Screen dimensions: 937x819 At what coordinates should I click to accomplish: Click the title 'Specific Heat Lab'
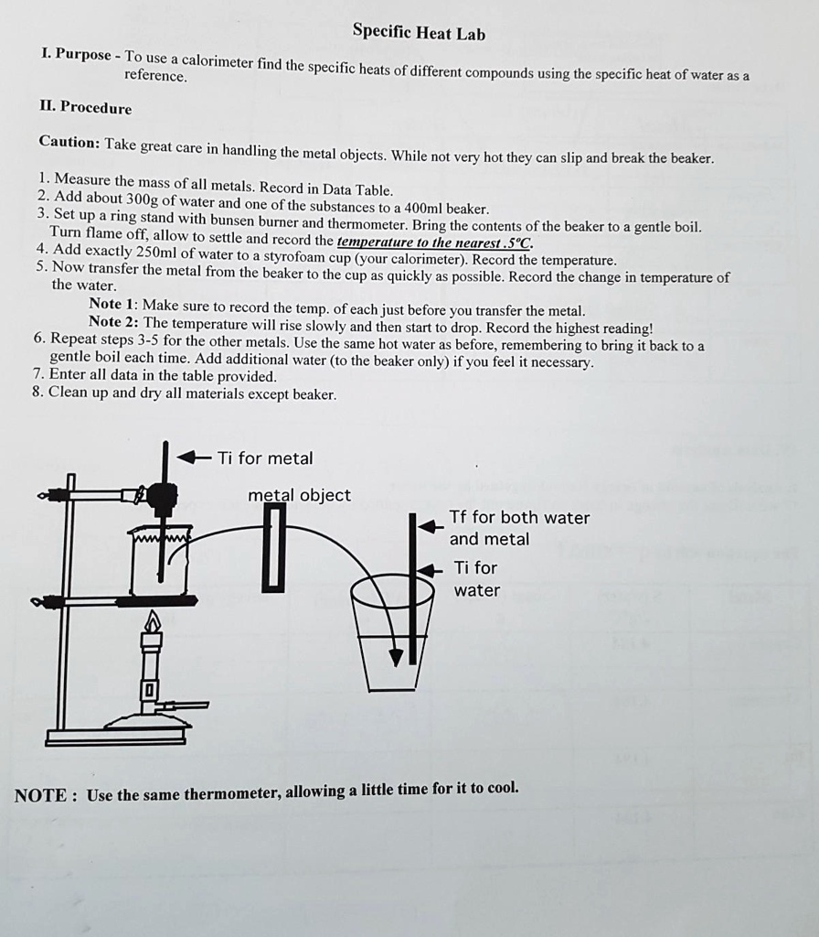click(419, 34)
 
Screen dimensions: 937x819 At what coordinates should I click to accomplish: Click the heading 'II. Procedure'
click(86, 108)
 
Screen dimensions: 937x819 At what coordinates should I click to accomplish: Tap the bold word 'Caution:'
click(69, 143)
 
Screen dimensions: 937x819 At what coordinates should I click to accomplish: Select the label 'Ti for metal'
click(265, 458)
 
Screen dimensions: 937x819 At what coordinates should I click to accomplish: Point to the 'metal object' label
click(299, 495)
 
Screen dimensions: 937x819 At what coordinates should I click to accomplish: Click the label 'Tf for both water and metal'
click(518, 528)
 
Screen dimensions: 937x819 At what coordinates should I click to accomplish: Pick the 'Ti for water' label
click(476, 578)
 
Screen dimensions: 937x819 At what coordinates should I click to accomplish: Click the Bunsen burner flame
click(152, 624)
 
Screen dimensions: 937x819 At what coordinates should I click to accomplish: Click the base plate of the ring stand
click(116, 736)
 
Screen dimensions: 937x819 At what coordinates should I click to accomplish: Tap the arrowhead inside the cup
click(395, 658)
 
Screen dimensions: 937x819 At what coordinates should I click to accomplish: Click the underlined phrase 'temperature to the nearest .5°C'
click(434, 242)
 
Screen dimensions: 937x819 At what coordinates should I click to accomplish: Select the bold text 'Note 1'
click(112, 304)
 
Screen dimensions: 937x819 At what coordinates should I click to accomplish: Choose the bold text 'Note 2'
click(112, 322)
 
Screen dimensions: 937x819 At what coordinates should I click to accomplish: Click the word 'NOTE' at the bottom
click(40, 795)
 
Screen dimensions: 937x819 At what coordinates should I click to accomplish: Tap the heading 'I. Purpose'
click(77, 54)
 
